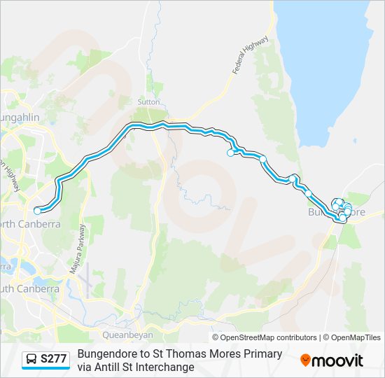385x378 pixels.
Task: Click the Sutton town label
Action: coord(148,101)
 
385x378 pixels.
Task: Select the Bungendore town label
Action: coord(337,211)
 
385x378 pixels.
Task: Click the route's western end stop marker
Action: coord(37,209)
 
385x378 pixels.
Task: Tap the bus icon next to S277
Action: coord(31,360)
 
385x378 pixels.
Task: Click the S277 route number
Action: coord(54,360)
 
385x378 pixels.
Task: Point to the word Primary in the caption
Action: coord(261,354)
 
